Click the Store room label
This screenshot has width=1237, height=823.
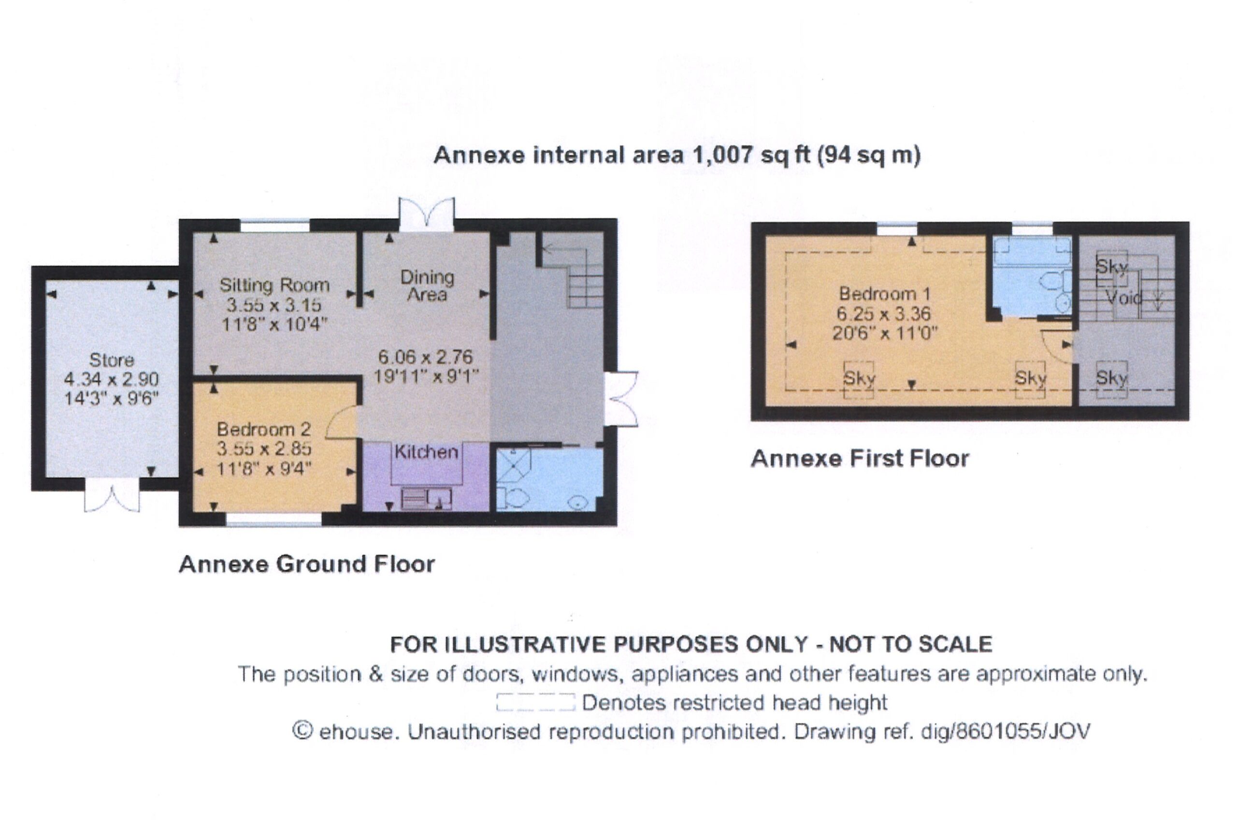click(x=111, y=360)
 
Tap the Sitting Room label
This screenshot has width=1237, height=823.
click(x=274, y=285)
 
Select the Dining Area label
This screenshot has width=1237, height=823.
click(x=427, y=286)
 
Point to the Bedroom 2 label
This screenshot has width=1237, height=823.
click(x=264, y=429)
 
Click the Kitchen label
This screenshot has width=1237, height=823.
click(x=426, y=452)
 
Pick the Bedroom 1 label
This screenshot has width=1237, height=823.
click(x=884, y=293)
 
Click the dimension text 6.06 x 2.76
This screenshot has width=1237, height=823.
click(x=426, y=357)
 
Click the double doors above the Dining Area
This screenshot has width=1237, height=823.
click(x=426, y=214)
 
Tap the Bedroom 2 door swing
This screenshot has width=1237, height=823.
click(x=341, y=423)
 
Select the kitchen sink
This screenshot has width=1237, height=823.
click(x=427, y=499)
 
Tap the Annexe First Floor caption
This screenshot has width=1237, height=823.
click(x=860, y=459)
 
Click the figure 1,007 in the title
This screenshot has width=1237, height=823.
click(x=723, y=155)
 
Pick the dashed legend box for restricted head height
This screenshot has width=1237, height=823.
click(x=536, y=702)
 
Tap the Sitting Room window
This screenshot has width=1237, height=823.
click(x=275, y=226)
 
